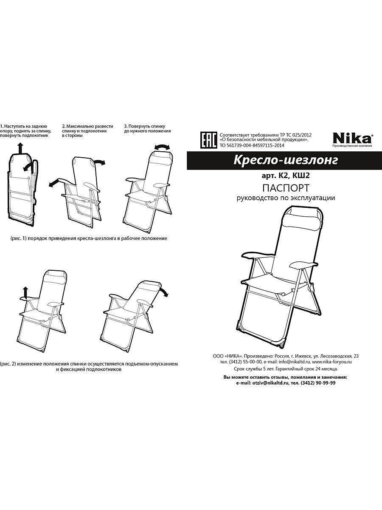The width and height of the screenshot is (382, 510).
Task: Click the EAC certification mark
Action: pos(208,140)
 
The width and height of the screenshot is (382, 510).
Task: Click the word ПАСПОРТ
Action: pos(286,188)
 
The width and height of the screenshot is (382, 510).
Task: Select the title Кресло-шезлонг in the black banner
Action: pos(286,160)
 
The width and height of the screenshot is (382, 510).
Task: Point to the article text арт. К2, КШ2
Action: pos(286,176)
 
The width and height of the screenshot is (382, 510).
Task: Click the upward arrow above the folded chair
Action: pos(21,148)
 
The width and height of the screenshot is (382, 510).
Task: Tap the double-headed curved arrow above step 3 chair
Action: pos(162,147)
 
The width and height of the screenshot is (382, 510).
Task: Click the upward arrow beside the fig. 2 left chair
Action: pos(25,292)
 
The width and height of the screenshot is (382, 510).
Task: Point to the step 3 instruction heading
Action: pos(148,129)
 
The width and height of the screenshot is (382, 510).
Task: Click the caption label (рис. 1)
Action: pos(19,238)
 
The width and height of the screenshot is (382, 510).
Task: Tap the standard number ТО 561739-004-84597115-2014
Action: pos(252,145)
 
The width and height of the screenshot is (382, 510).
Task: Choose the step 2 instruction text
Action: pos(88,131)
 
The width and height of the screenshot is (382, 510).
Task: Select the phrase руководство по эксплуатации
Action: pos(286,198)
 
